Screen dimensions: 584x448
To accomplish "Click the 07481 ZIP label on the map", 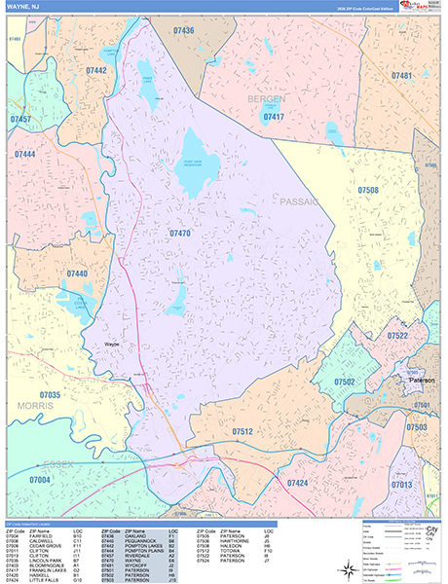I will pos(401,75).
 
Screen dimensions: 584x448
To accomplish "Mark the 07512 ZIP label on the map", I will pos(243,430).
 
